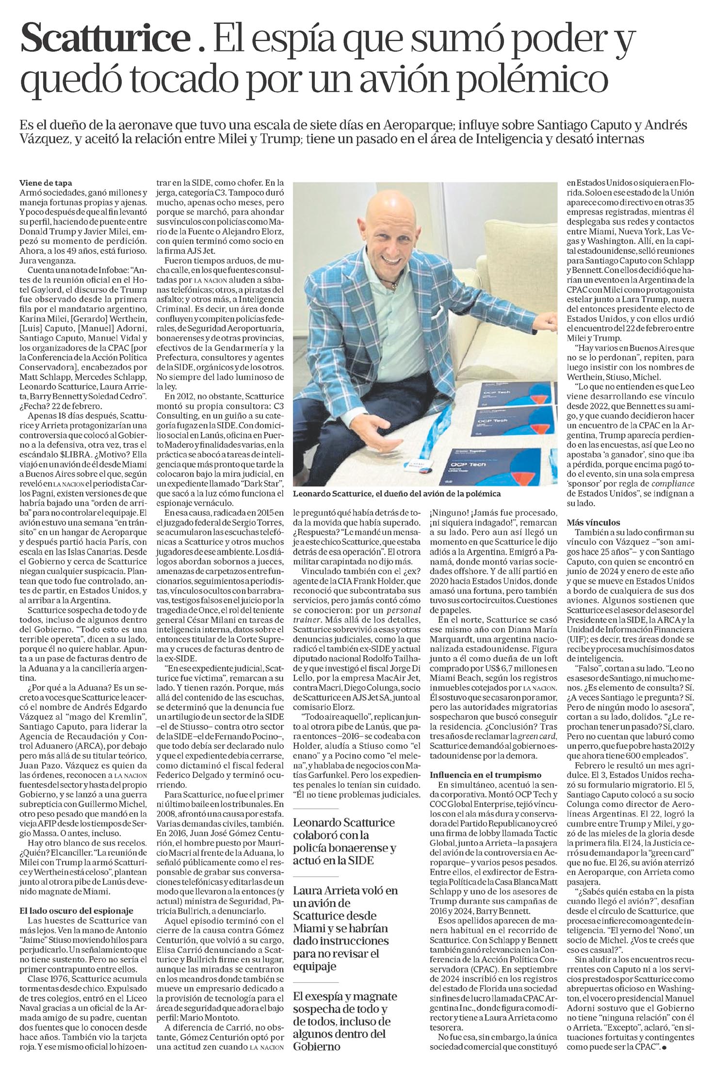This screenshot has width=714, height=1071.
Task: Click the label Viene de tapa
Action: pos(46,183)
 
